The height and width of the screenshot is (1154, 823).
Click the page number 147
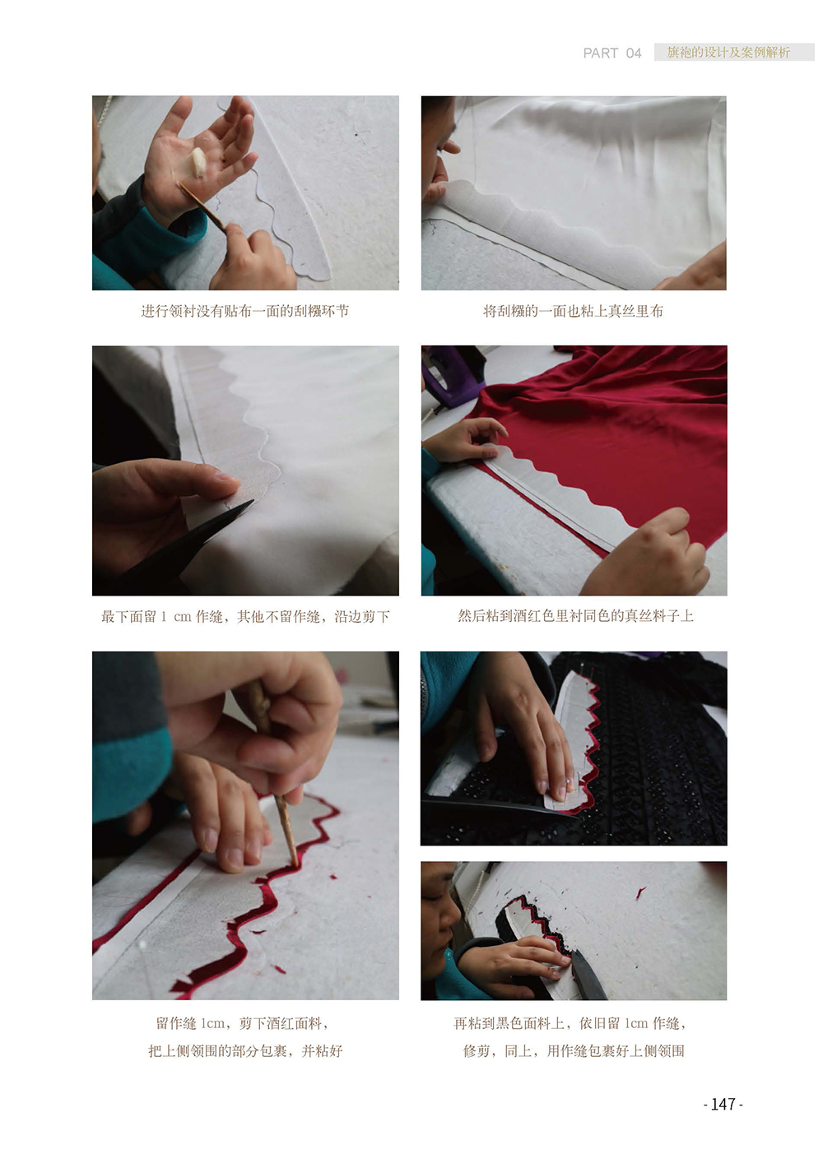tap(723, 1103)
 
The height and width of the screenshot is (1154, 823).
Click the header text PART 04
tap(611, 53)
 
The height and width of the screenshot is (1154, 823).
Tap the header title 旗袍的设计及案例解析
tap(728, 52)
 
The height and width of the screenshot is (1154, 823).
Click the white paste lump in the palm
tap(198, 162)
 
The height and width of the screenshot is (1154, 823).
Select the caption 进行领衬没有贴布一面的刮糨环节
tap(245, 311)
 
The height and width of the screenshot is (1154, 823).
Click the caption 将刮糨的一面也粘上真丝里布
tap(573, 311)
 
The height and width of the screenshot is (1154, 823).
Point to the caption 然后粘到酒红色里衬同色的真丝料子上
tap(575, 616)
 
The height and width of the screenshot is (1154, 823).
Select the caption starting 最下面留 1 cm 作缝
tap(245, 616)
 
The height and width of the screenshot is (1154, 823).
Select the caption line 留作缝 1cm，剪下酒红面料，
tap(242, 1023)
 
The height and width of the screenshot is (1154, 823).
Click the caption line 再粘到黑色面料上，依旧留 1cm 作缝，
tap(570, 1023)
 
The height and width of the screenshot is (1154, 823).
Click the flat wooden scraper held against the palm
tap(201, 205)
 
